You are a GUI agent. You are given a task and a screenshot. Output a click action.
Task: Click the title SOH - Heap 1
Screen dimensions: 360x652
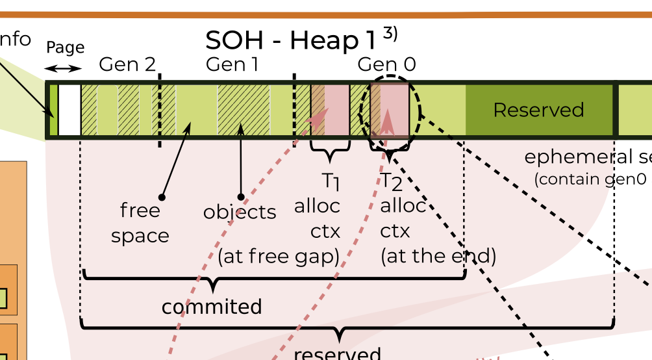(290, 40)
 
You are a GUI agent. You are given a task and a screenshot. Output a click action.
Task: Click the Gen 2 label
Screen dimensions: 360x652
(127, 64)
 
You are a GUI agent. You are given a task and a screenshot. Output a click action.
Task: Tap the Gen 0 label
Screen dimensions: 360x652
(386, 64)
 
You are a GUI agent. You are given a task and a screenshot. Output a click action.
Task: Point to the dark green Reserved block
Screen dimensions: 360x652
(539, 110)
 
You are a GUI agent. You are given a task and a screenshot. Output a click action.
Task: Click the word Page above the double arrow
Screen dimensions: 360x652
(65, 47)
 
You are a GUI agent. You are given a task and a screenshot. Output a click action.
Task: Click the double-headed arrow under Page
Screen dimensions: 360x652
(64, 69)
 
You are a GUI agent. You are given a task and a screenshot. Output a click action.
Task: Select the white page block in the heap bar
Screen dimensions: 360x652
(69, 110)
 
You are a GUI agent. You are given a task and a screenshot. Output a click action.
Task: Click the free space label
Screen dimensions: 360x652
(140, 223)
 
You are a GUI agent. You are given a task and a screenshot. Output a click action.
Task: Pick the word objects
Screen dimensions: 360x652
(240, 212)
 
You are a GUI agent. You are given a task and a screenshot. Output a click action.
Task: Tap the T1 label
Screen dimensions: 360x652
(331, 181)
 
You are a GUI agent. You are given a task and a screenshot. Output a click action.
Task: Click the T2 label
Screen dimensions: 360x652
(392, 181)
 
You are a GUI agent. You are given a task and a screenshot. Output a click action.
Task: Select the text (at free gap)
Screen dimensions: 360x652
(279, 257)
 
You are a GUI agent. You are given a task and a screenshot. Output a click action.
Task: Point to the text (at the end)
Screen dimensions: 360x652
(438, 256)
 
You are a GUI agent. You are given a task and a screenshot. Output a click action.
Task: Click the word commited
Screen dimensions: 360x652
(212, 307)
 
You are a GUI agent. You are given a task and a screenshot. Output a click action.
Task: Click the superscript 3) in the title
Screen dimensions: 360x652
(390, 33)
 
